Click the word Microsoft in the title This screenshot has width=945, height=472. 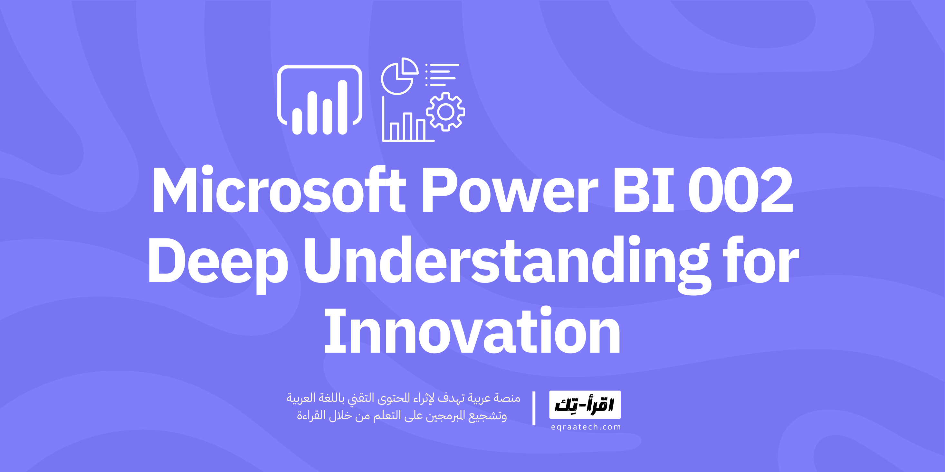click(x=279, y=190)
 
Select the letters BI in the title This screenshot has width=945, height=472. click(x=644, y=190)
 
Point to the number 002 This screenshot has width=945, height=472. click(x=740, y=190)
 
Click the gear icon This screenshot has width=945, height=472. click(x=445, y=112)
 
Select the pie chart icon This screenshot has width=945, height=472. click(x=399, y=76)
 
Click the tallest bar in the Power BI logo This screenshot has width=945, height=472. click(x=342, y=107)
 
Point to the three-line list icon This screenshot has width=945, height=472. click(x=442, y=75)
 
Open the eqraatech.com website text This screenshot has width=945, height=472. click(x=586, y=427)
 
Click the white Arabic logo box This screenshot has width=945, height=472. click(x=585, y=404)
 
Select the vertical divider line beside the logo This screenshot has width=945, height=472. click(x=534, y=408)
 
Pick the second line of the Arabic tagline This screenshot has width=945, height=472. click(x=402, y=416)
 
